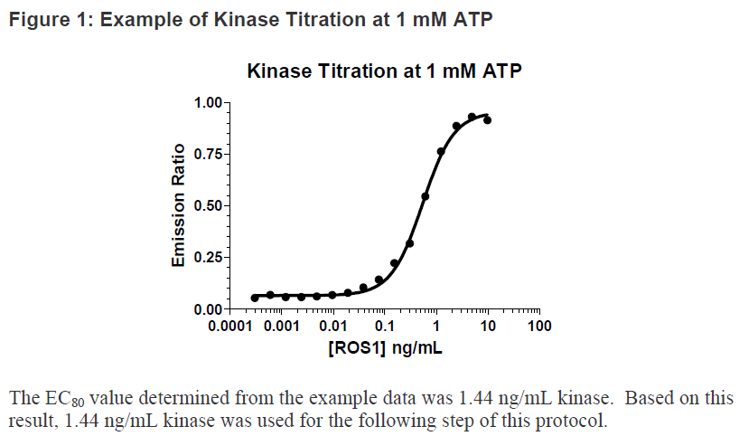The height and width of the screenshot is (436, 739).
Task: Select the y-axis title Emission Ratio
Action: pos(179,205)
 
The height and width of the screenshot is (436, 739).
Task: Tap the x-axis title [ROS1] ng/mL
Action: pos(384,346)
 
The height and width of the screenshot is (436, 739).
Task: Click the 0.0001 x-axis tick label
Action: pos(230,326)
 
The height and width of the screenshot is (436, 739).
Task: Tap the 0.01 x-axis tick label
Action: pos(334,326)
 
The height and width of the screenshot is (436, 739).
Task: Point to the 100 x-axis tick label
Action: pos(538,326)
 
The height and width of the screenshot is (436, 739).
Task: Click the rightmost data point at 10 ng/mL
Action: pos(487,119)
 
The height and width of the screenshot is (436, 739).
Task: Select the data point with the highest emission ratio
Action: pos(472,117)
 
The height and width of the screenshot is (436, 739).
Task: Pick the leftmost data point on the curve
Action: pos(255,298)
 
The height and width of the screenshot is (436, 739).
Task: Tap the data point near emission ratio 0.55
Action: pos(426,196)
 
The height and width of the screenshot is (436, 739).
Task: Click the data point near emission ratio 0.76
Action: pos(441,152)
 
